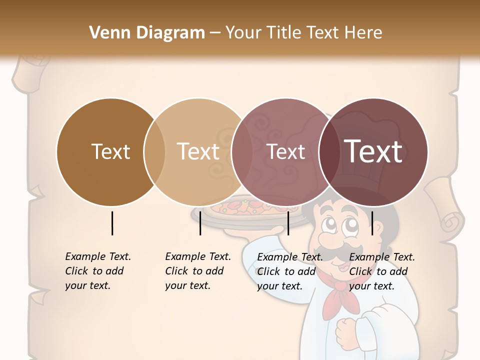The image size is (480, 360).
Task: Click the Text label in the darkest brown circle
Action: (x=110, y=151)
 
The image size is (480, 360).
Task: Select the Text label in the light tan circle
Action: (x=198, y=151)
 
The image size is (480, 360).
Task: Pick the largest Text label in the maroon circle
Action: (x=373, y=151)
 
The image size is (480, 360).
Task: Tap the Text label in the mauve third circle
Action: (x=286, y=151)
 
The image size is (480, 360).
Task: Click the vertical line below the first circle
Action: (x=112, y=223)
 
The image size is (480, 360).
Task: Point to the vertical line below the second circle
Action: (x=200, y=223)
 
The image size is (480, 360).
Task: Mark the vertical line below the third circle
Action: (x=288, y=223)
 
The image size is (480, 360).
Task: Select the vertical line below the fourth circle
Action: (x=372, y=223)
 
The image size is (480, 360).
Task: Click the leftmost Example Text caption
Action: (x=97, y=271)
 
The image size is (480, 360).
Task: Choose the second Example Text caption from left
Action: (x=197, y=271)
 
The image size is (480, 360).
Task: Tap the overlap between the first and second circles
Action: (x=154, y=151)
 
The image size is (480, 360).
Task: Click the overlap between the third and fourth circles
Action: (x=327, y=151)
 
